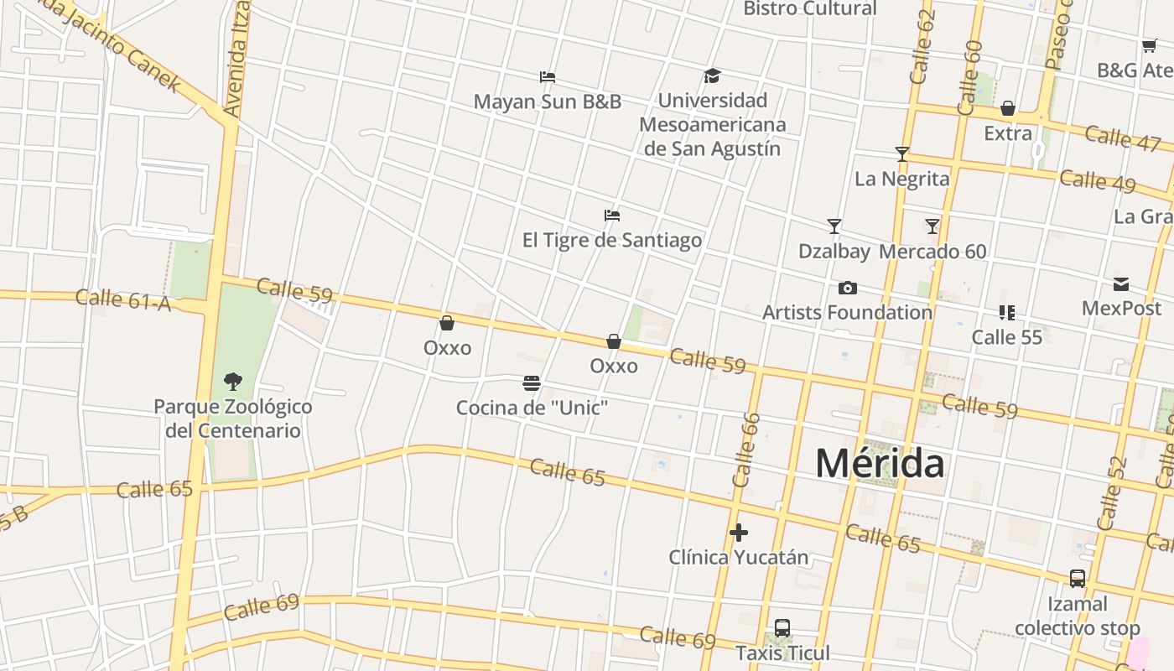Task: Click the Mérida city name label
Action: click(880, 464)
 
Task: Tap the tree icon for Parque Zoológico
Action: click(233, 382)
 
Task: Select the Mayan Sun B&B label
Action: click(548, 101)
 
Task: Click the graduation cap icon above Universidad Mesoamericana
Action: click(712, 76)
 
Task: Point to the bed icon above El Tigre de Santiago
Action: click(612, 216)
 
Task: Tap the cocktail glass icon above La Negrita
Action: click(902, 154)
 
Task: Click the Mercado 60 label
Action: click(932, 252)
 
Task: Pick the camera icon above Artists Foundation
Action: click(848, 289)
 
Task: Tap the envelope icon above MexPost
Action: click(1121, 284)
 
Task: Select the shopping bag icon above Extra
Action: click(1008, 109)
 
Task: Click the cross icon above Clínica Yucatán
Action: click(739, 533)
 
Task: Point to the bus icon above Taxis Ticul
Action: click(782, 628)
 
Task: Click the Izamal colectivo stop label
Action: click(1078, 616)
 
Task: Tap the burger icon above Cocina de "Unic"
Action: click(532, 384)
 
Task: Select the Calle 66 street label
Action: click(745, 450)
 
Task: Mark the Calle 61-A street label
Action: click(122, 299)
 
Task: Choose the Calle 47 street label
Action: click(1122, 138)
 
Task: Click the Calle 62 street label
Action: click(922, 47)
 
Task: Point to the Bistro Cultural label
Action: click(810, 9)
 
